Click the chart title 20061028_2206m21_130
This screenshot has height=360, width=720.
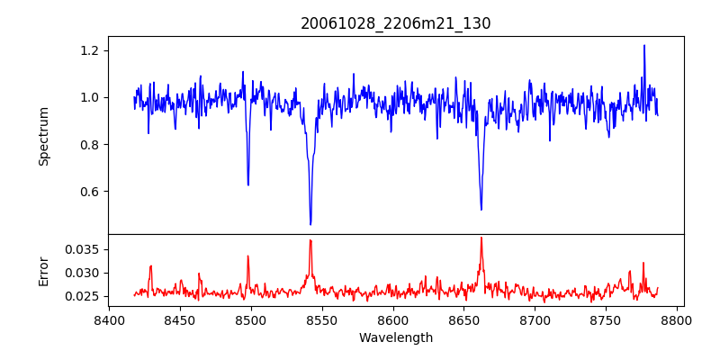pyautogui.click(x=396, y=23)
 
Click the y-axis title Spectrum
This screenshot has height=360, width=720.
pyautogui.click(x=43, y=136)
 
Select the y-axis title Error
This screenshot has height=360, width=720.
pyautogui.click(x=43, y=269)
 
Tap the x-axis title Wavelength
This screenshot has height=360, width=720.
pyautogui.click(x=396, y=338)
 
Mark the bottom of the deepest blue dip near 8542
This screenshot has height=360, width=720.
pyautogui.click(x=310, y=224)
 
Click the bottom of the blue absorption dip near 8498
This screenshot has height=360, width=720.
pyautogui.click(x=248, y=184)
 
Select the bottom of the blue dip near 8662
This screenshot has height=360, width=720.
pyautogui.click(x=481, y=210)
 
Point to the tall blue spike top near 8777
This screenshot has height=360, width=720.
pyautogui.click(x=644, y=45)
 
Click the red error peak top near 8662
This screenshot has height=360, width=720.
pyautogui.click(x=481, y=238)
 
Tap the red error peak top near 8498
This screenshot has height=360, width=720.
pyautogui.click(x=248, y=256)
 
